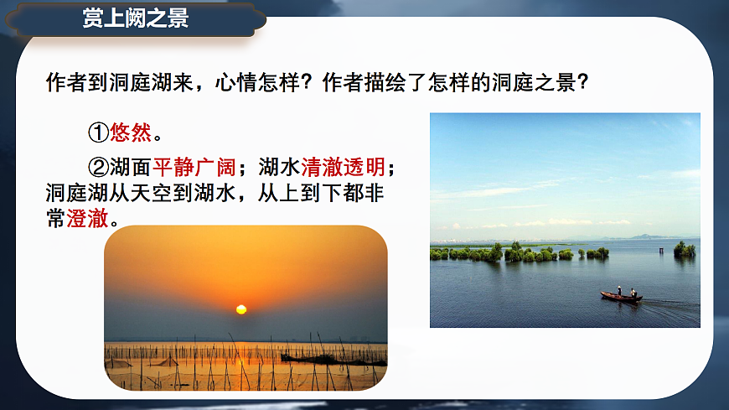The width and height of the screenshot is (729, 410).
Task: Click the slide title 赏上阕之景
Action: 136,19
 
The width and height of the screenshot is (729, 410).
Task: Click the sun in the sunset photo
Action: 241,309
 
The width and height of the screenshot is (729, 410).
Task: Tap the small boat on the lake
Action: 621,296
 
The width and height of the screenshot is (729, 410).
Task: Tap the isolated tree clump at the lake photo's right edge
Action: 685,249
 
